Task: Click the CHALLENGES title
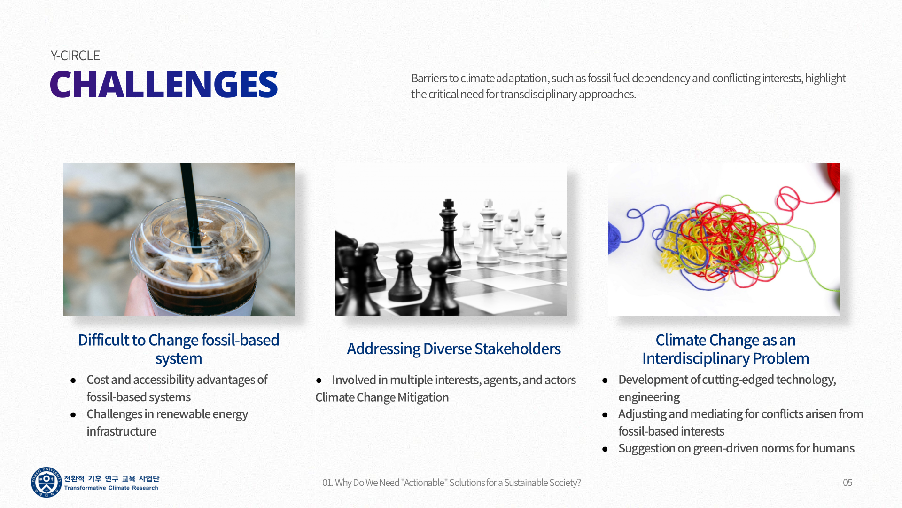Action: (163, 84)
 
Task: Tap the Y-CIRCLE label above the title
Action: (75, 56)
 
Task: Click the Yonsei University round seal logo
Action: (46, 482)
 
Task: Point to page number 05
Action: (848, 483)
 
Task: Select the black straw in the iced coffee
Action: (191, 207)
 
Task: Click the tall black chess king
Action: (450, 233)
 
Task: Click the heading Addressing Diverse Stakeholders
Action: (453, 349)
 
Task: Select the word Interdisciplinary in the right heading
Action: (696, 358)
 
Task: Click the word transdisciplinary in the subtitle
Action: (538, 94)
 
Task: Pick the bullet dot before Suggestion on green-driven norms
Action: (605, 449)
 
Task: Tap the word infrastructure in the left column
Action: (121, 431)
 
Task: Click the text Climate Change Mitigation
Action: (382, 397)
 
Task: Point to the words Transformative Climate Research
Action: (111, 488)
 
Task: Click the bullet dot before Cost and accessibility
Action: (73, 381)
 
